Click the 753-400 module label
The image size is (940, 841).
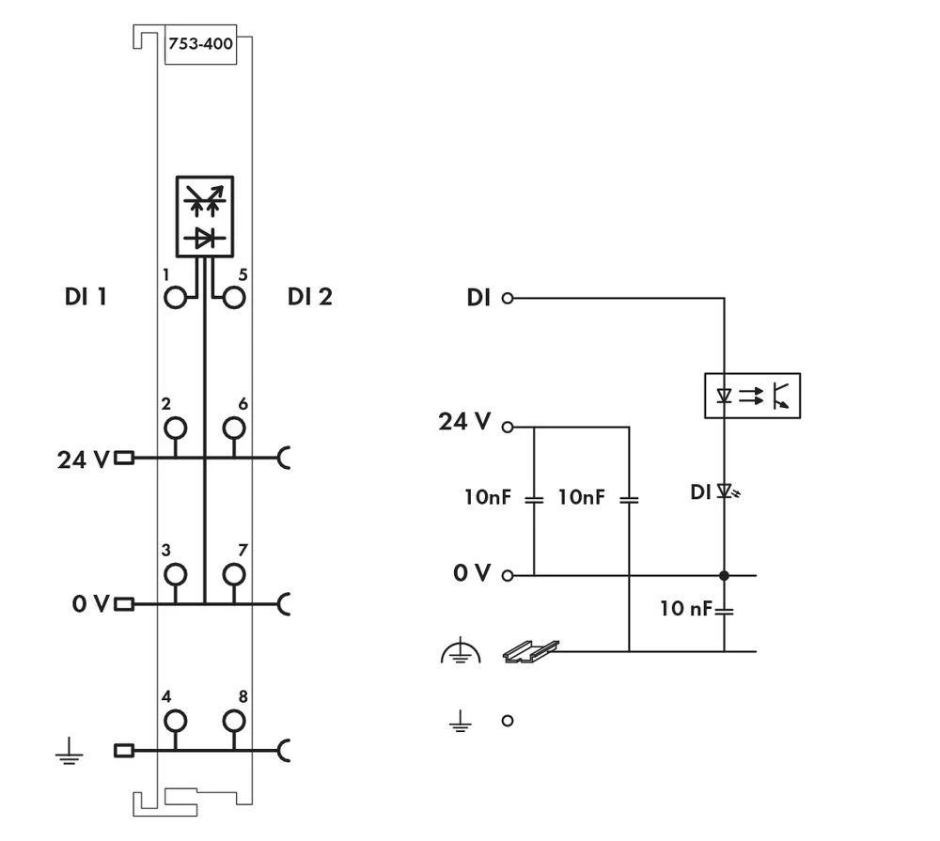pos(200,43)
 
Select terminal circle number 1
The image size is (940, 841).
pos(175,299)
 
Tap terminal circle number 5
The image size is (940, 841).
pos(233,299)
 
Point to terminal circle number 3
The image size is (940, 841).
pos(175,574)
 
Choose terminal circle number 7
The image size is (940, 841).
pos(233,574)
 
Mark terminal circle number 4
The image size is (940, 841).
pos(175,722)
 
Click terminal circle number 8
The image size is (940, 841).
pos(233,722)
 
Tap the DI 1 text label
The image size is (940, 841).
pos(85,298)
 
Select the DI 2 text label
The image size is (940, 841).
pos(310,298)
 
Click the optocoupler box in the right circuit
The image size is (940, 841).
pos(752,396)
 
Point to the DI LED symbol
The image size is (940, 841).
pos(726,491)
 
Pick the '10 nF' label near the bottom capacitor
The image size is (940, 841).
pos(685,609)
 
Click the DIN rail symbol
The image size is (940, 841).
pos(531,651)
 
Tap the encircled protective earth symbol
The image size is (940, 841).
pos(460,652)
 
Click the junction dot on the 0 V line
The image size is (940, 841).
pos(724,575)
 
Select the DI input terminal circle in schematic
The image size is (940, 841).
pos(508,299)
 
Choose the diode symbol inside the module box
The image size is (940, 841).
pos(205,239)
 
